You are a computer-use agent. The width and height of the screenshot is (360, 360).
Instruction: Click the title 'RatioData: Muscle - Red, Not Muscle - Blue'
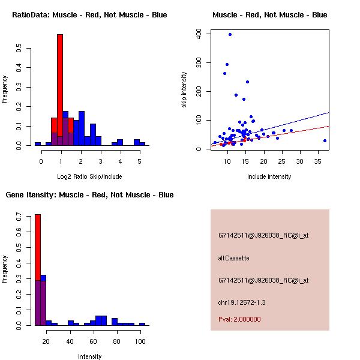pyautogui.click(x=89, y=15)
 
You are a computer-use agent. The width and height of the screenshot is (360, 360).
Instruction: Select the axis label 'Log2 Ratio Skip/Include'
pyautogui.click(x=89, y=176)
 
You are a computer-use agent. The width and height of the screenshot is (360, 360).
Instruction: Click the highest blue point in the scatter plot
pyautogui.click(x=230, y=34)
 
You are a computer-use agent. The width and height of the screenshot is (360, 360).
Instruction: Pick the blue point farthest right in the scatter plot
pyautogui.click(x=325, y=140)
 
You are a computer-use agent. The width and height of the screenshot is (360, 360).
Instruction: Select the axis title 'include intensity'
pyautogui.click(x=269, y=176)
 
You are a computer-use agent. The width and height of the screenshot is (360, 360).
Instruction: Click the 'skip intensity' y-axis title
pyautogui.click(x=185, y=89)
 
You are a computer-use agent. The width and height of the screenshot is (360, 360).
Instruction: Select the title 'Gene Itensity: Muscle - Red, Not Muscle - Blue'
pyautogui.click(x=89, y=195)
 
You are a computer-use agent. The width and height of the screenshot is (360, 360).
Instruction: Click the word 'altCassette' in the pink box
pyautogui.click(x=233, y=258)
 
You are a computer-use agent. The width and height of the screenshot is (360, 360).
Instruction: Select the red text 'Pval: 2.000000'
pyautogui.click(x=239, y=319)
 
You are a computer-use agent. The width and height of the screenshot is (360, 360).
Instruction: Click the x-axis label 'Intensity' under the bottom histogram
pyautogui.click(x=89, y=356)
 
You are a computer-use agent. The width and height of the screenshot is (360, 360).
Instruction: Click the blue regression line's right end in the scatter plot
pyautogui.click(x=328, y=113)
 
